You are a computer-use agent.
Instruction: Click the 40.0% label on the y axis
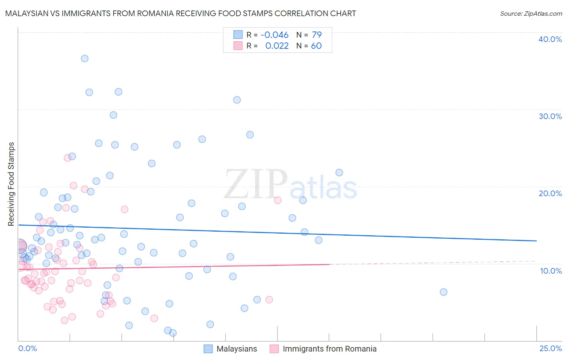point(550,39)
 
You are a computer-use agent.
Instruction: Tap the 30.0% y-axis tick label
point(550,116)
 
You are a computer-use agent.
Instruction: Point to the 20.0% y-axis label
point(550,193)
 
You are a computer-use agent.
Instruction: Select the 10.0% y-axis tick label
point(551,271)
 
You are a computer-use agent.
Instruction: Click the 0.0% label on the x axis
point(27,348)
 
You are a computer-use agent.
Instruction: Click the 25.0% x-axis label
point(550,348)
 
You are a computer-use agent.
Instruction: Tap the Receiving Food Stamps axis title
point(11,184)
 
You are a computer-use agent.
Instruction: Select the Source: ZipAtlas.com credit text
point(531,14)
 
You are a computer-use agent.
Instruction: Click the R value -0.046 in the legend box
point(275,35)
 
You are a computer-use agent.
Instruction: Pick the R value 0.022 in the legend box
point(277,46)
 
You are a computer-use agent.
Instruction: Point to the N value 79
point(317,35)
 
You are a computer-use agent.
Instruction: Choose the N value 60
point(316,46)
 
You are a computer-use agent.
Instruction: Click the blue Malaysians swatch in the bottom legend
point(208,349)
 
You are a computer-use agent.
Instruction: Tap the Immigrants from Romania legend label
point(329,349)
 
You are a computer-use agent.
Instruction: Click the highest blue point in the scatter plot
point(85,59)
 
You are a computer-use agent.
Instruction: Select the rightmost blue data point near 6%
point(444,292)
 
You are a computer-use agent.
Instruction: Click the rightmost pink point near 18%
point(277,200)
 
